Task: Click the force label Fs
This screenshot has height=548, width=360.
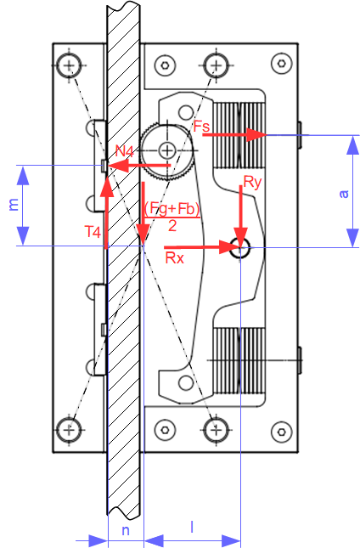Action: click(202, 126)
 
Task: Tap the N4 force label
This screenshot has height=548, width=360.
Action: click(125, 151)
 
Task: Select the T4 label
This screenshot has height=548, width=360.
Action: click(93, 232)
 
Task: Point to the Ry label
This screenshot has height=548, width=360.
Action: click(252, 182)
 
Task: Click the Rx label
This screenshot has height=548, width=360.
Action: click(174, 258)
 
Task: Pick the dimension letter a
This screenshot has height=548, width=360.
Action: click(344, 194)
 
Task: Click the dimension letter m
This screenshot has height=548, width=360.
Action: click(13, 205)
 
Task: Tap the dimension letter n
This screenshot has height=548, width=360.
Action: click(126, 530)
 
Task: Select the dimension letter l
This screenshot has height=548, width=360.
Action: click(192, 527)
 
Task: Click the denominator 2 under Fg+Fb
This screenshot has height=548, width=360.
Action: click(172, 226)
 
